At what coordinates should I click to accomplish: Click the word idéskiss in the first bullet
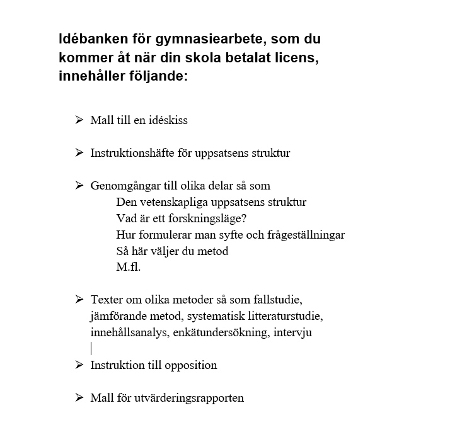coord(168,120)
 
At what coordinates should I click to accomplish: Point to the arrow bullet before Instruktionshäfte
coord(79,152)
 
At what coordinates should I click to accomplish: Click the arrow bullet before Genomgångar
coord(79,185)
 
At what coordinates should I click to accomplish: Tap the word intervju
coord(294,332)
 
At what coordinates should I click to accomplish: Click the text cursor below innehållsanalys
coord(91,348)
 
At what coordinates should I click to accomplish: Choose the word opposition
coord(191,365)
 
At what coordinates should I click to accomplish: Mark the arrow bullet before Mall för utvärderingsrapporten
coord(79,397)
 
